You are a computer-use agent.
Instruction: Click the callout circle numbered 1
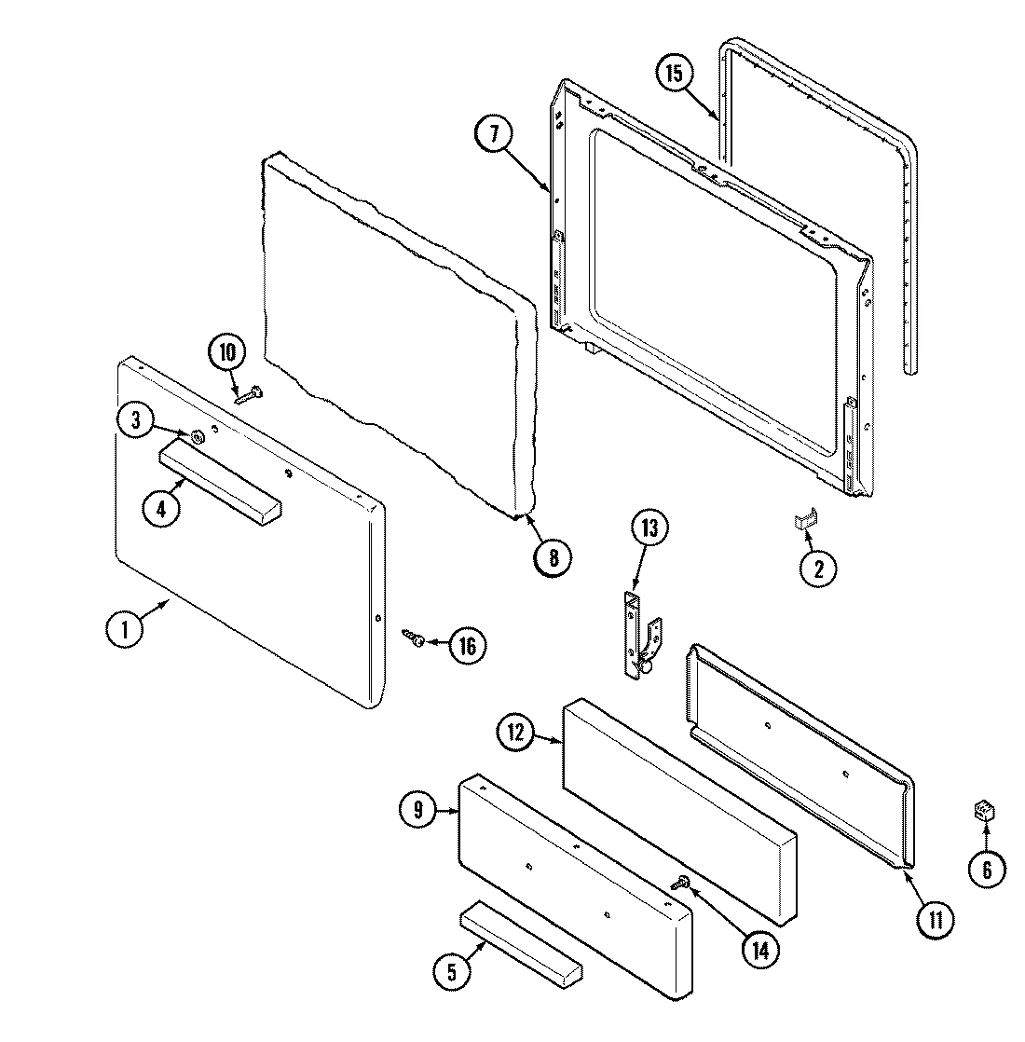click(x=124, y=628)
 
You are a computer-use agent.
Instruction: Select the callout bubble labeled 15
click(x=676, y=73)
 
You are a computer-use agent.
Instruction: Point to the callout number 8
click(x=553, y=557)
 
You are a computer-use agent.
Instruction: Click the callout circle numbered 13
click(x=649, y=529)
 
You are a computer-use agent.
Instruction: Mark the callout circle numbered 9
click(x=418, y=810)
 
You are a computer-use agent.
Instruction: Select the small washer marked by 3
click(x=197, y=436)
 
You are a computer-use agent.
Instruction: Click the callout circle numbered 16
click(x=467, y=646)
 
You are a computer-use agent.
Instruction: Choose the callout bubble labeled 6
click(x=987, y=870)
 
